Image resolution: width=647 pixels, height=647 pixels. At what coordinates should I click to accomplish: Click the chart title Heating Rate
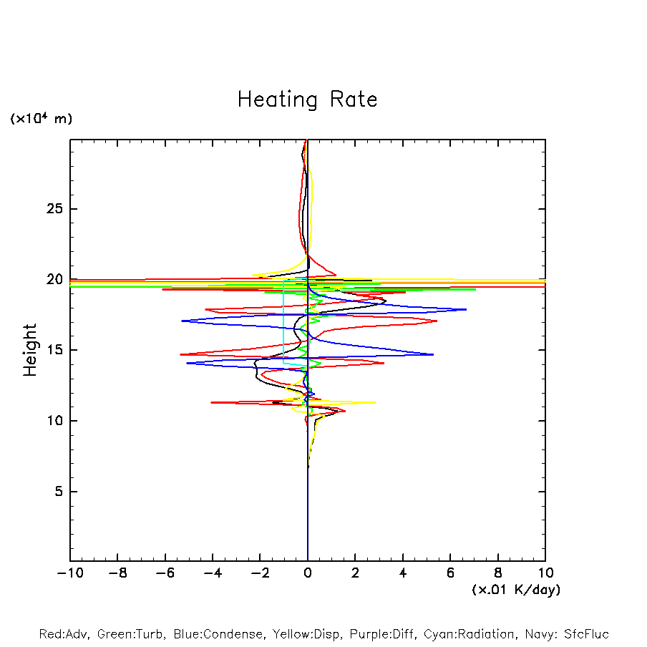click(307, 99)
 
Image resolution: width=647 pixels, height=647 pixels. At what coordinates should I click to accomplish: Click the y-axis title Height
click(30, 350)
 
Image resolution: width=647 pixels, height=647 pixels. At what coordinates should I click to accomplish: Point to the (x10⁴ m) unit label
click(41, 119)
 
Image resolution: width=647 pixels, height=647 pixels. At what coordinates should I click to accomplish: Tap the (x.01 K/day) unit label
click(515, 590)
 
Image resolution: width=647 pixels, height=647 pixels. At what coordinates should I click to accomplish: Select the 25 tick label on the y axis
click(55, 209)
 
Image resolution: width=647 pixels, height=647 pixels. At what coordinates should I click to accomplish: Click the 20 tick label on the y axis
click(55, 280)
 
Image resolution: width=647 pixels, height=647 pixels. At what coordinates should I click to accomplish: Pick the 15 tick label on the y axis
click(55, 350)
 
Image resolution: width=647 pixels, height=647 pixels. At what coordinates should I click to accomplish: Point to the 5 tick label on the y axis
click(59, 492)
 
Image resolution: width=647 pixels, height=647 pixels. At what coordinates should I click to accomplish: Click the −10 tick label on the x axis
click(69, 573)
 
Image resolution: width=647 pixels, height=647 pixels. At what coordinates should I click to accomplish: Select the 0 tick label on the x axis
click(308, 573)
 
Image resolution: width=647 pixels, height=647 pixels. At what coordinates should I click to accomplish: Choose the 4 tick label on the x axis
click(403, 573)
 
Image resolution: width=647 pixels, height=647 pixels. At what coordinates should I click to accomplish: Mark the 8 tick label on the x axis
click(498, 573)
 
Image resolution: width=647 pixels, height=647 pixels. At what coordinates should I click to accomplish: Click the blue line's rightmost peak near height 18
click(465, 309)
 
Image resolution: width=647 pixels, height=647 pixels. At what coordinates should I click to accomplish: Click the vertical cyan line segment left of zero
click(284, 322)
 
